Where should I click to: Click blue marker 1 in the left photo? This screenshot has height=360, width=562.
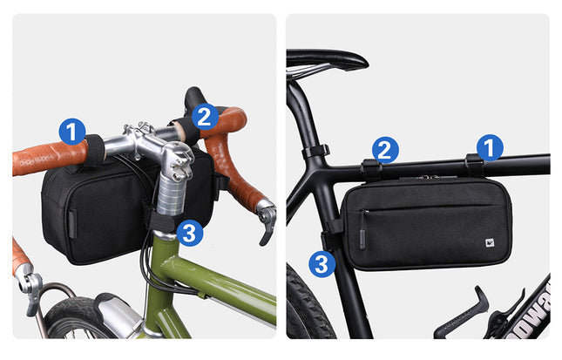tap(72, 132)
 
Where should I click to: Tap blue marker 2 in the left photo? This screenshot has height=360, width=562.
tap(205, 116)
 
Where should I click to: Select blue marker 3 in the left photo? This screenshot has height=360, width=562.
tap(190, 232)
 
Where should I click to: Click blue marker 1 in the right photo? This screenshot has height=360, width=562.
tap(490, 147)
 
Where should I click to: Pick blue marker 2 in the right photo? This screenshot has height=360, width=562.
tap(385, 150)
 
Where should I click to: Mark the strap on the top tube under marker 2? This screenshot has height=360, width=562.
tap(370, 169)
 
